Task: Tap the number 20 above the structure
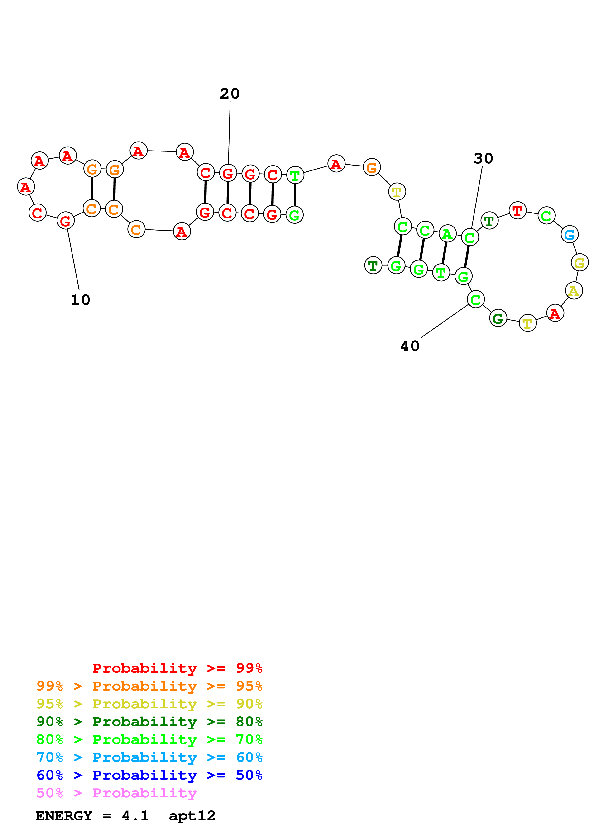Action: point(230,94)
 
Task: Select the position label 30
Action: point(484,159)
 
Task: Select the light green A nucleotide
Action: point(447,234)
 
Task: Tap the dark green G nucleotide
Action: point(498,318)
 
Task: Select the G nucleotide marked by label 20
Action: point(228,173)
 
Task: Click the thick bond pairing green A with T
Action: point(444,253)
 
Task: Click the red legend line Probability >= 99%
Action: point(177,668)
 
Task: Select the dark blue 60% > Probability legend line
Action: point(149,775)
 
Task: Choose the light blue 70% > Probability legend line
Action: point(149,757)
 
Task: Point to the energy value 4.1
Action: point(135,816)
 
